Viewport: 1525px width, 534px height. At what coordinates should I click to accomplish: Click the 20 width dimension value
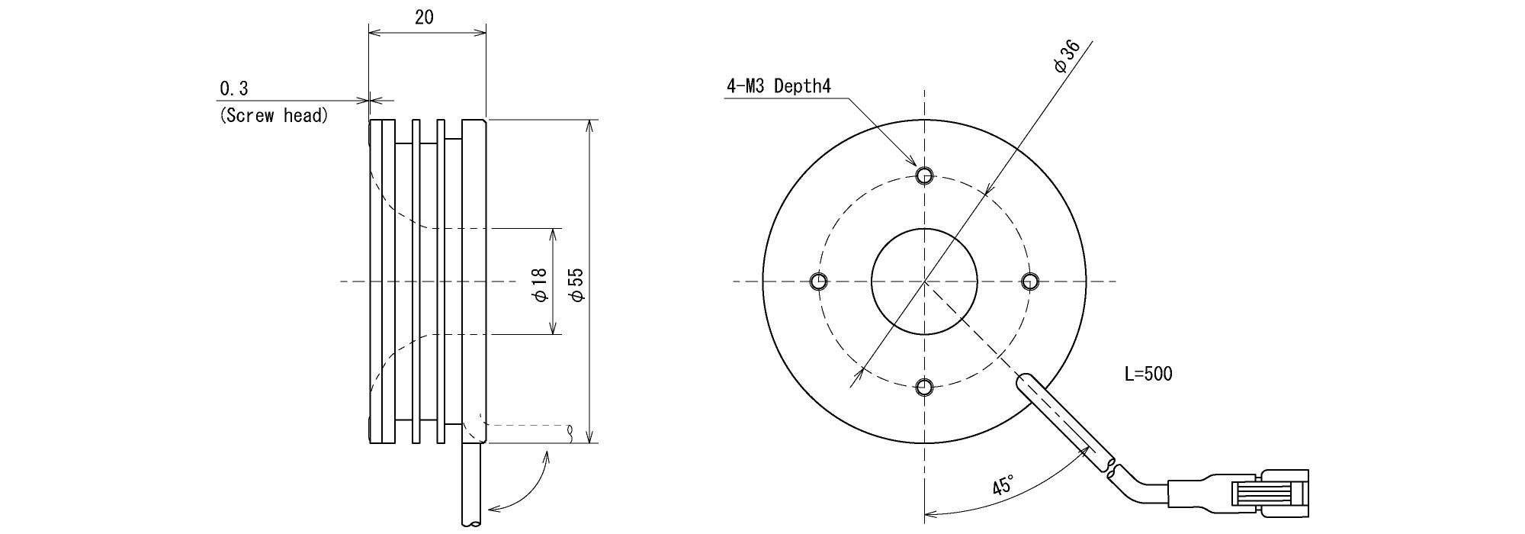point(424,18)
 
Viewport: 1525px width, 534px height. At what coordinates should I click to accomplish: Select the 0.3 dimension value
point(234,89)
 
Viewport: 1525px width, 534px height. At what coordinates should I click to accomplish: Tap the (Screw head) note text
point(274,116)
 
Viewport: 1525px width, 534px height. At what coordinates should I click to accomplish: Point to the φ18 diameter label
point(540,284)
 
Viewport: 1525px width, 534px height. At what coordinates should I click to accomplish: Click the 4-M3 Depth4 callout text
point(778,86)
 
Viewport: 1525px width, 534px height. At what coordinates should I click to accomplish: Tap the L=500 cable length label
point(1148,374)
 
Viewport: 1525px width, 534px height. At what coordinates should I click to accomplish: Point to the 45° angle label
point(1004,485)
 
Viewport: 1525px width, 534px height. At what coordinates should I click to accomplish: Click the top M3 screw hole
point(924,176)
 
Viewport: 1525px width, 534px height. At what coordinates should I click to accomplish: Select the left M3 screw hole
point(819,281)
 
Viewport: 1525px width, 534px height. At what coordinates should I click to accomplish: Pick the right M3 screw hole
point(1029,281)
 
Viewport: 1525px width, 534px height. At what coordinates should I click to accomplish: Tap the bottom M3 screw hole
point(924,387)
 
